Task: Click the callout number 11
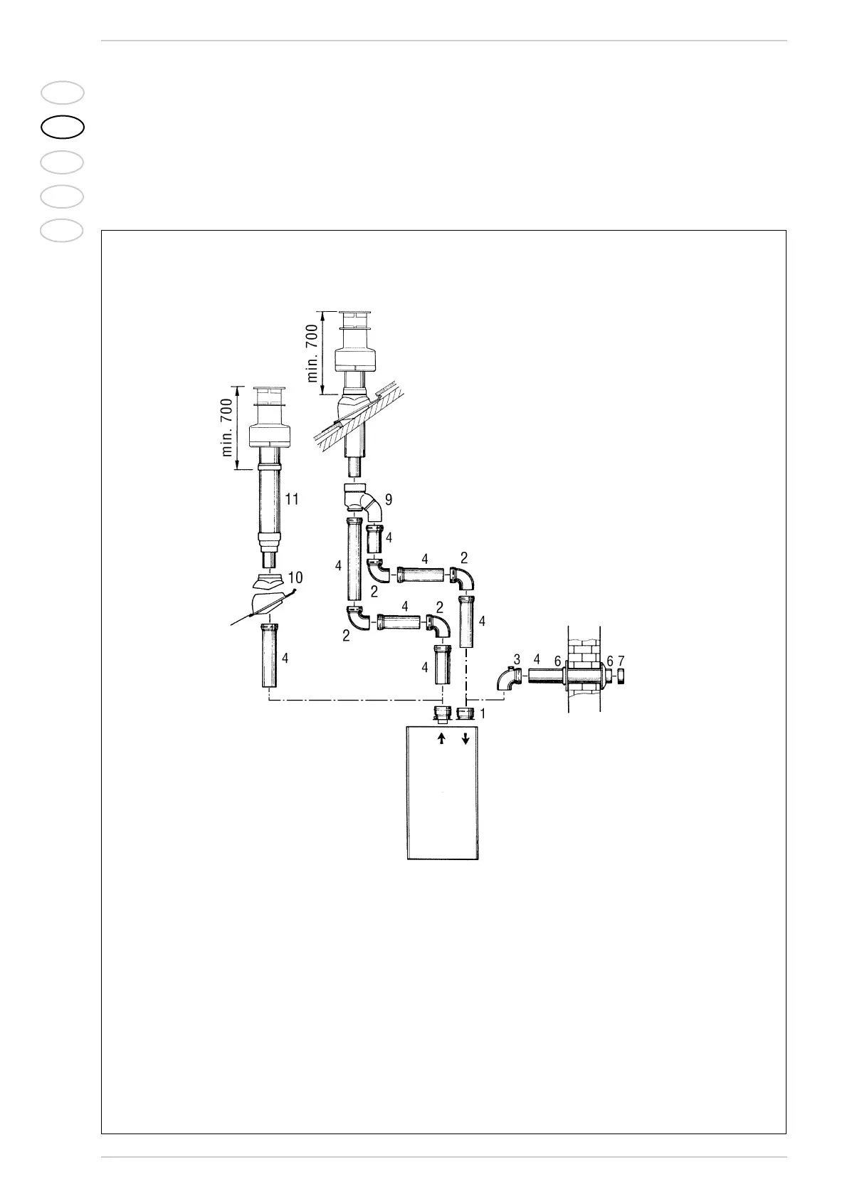click(292, 499)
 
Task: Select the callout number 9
click(389, 500)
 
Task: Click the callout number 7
click(621, 661)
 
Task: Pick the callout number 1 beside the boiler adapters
click(483, 712)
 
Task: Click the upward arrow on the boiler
click(441, 739)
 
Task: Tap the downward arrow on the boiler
click(465, 739)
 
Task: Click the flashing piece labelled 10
click(270, 585)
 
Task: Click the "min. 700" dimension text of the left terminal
click(227, 428)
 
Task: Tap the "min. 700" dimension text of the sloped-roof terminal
click(314, 353)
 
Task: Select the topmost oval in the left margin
click(63, 93)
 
